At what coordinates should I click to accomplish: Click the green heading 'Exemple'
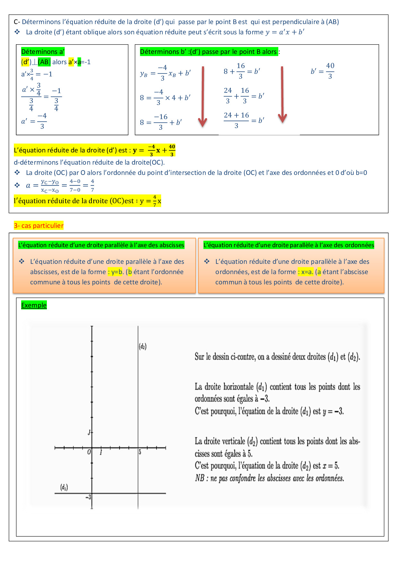(x=34, y=305)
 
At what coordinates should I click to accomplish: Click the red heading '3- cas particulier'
(x=39, y=226)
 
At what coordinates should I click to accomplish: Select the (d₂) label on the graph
(x=143, y=346)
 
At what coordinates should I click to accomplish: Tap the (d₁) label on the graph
(x=64, y=487)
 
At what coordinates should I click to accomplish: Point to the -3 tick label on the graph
(x=88, y=497)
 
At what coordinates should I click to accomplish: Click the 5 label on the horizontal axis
(x=140, y=452)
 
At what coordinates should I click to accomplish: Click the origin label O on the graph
(x=89, y=452)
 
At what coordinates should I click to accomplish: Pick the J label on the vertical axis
(x=89, y=433)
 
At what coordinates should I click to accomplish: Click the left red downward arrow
(x=203, y=96)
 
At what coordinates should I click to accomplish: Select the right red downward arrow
(x=282, y=95)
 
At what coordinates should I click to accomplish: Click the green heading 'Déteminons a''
(x=43, y=52)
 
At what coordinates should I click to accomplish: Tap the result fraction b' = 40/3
(x=323, y=71)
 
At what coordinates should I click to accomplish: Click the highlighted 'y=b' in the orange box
(x=116, y=272)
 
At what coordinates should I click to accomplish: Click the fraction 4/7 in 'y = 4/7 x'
(x=155, y=201)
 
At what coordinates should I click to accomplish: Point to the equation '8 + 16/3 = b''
(x=242, y=71)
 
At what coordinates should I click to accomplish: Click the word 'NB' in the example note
(x=200, y=478)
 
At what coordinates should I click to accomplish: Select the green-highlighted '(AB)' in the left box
(x=44, y=62)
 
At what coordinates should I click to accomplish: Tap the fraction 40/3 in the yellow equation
(x=172, y=150)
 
